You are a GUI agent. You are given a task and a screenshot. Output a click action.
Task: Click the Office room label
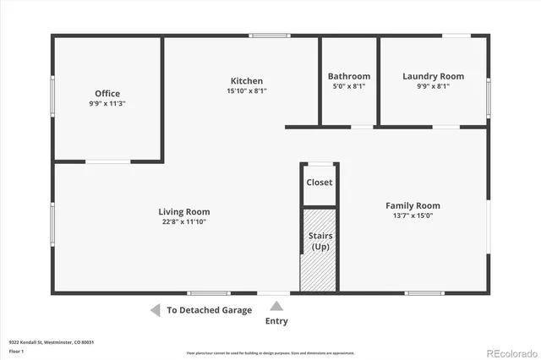(107, 94)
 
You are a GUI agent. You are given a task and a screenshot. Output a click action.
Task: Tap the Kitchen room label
(247, 81)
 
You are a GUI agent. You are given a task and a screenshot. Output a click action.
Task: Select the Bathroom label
(349, 76)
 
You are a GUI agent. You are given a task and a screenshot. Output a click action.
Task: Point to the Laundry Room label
(433, 76)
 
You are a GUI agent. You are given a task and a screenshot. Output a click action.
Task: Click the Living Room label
(184, 212)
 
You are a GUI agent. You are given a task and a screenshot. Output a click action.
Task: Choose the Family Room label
(413, 205)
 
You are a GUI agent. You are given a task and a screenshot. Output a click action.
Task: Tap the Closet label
(320, 183)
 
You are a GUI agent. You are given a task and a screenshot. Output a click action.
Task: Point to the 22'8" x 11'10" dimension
(184, 221)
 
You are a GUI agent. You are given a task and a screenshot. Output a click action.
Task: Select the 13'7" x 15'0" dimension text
(413, 215)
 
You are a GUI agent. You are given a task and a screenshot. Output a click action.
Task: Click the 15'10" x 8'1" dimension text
(247, 91)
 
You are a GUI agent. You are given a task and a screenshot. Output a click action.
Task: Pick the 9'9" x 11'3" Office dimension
(107, 104)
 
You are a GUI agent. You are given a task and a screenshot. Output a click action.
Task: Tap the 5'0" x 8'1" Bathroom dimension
(349, 86)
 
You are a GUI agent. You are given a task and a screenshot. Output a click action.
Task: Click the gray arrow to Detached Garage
(155, 310)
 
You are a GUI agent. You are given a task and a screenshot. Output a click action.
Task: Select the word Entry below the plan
(276, 321)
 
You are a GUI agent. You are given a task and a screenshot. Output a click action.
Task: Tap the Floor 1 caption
(16, 352)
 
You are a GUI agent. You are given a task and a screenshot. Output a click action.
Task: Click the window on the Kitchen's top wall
(270, 35)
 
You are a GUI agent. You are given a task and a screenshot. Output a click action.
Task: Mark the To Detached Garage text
(209, 310)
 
